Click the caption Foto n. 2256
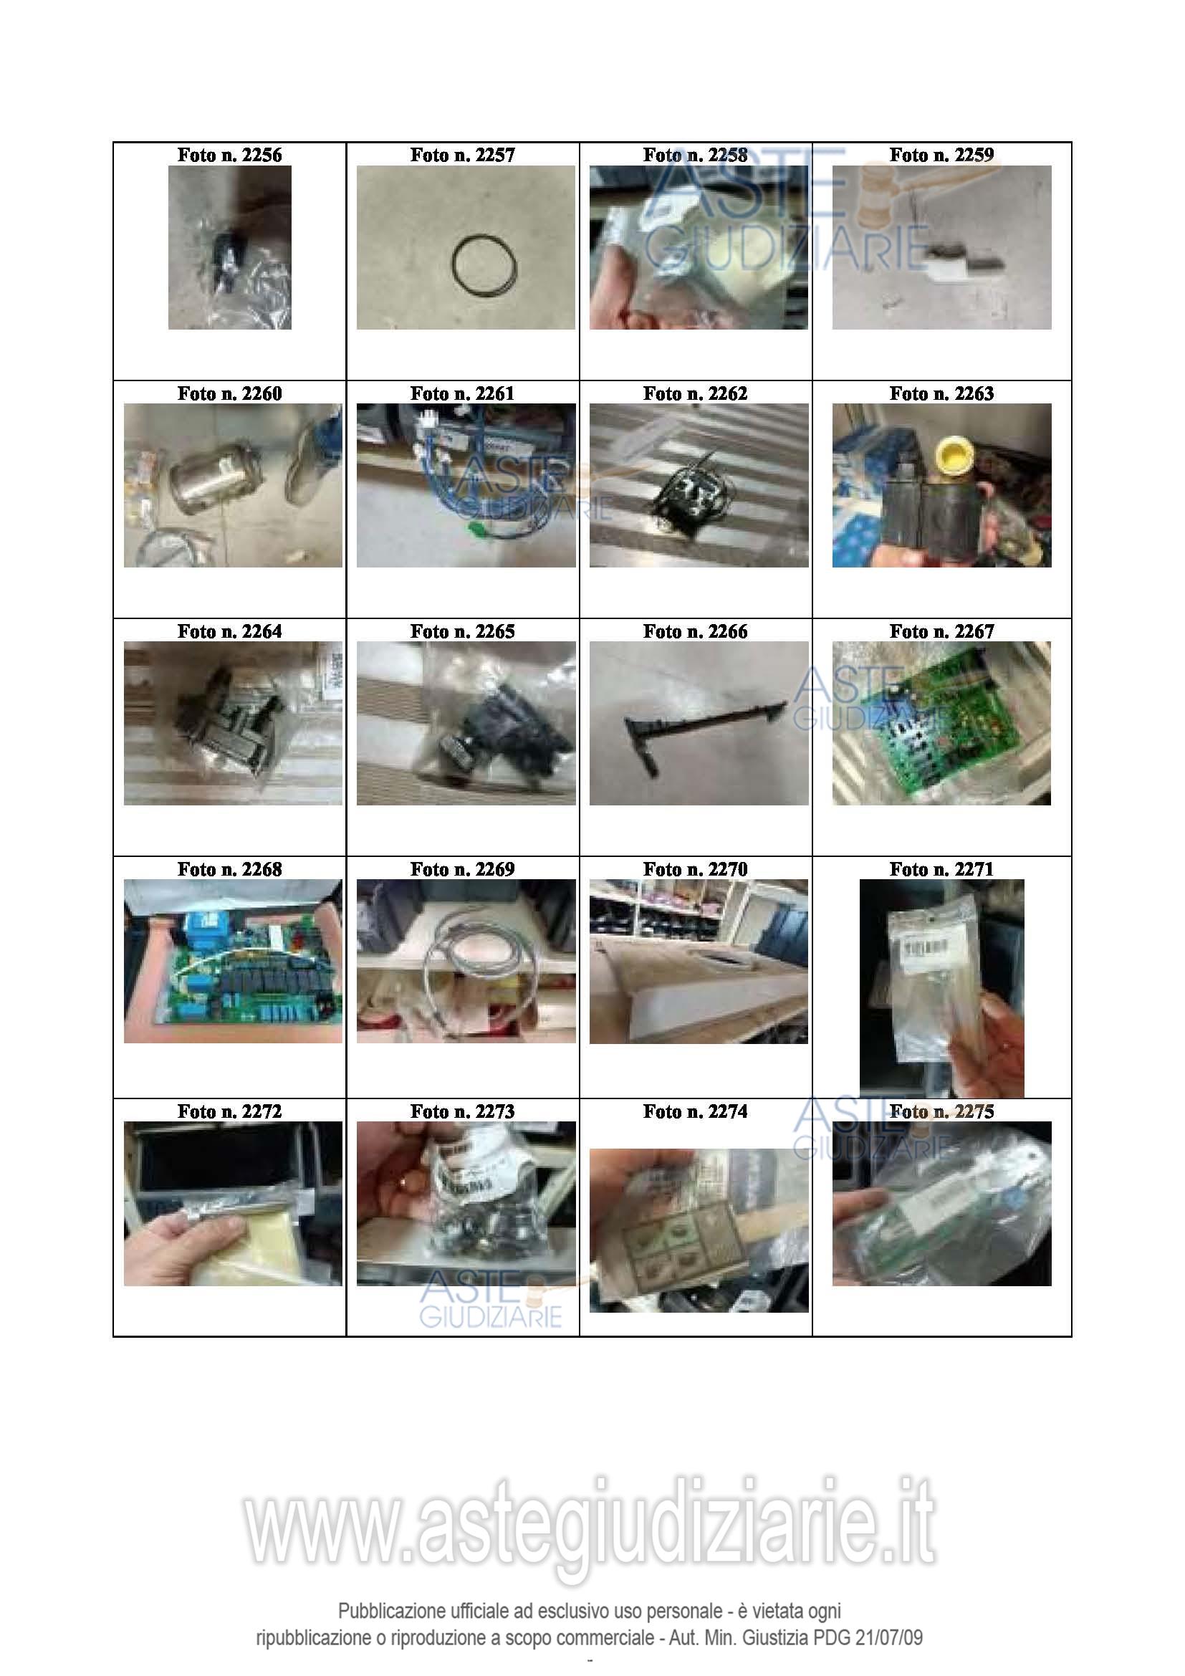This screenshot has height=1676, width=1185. [x=229, y=155]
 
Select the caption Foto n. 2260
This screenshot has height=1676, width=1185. [x=229, y=393]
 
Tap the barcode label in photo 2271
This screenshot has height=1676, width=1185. [x=925, y=947]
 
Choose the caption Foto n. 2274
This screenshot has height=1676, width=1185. [x=696, y=1111]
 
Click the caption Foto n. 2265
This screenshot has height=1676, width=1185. [x=463, y=631]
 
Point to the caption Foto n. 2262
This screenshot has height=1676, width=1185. [x=696, y=393]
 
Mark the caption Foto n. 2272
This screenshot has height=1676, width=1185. [x=229, y=1111]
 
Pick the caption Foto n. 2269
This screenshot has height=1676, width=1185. [x=463, y=869]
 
